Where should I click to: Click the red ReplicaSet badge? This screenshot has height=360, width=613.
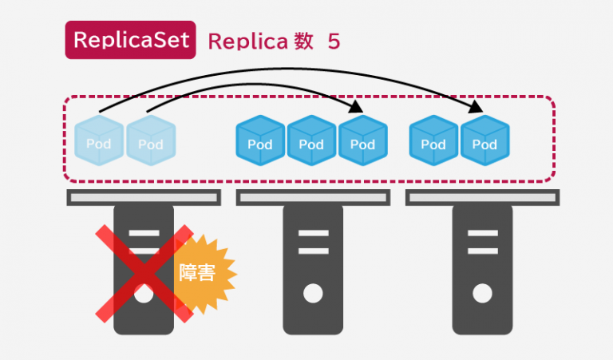click(129, 41)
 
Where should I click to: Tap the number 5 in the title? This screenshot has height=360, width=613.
click(333, 42)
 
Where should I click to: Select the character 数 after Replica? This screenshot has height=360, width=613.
click(304, 42)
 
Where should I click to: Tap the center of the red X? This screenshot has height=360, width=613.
click(144, 272)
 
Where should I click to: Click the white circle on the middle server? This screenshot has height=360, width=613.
click(313, 293)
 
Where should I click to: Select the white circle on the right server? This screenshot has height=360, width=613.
click(481, 293)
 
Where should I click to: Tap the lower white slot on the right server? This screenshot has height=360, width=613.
click(481, 250)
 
